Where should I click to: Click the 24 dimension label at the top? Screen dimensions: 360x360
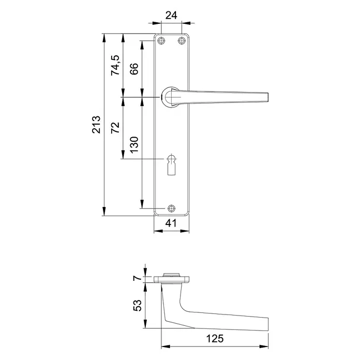171,15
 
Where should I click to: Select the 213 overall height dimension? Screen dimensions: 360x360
96,124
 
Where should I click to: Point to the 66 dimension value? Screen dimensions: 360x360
133,69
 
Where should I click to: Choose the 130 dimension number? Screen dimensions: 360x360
133,146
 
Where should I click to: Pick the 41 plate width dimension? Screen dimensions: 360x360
171,223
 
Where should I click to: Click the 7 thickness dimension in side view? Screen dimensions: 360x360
137,278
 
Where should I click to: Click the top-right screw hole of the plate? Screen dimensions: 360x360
181,41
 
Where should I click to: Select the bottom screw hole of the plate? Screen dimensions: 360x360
172,209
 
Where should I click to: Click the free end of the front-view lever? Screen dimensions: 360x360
268,97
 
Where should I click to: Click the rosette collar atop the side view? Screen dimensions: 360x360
171,275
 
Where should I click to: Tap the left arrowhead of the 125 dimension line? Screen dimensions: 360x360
163,346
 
